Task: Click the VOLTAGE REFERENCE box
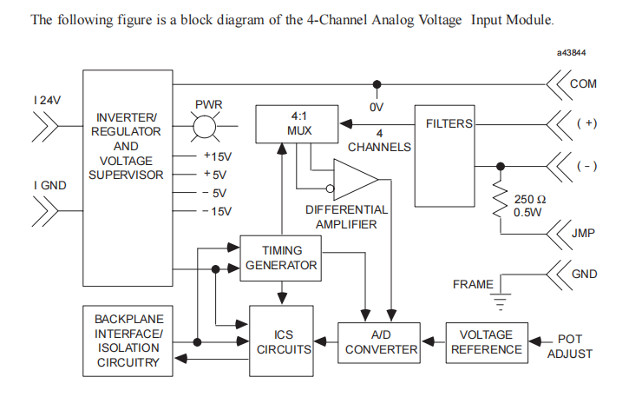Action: click(x=486, y=342)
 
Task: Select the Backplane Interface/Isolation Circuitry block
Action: click(x=128, y=341)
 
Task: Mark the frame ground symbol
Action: click(x=498, y=301)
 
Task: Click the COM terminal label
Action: click(x=583, y=83)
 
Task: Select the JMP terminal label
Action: click(x=584, y=233)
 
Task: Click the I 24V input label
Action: click(x=47, y=100)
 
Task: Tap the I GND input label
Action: click(x=47, y=185)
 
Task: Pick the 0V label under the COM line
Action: click(x=377, y=107)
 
